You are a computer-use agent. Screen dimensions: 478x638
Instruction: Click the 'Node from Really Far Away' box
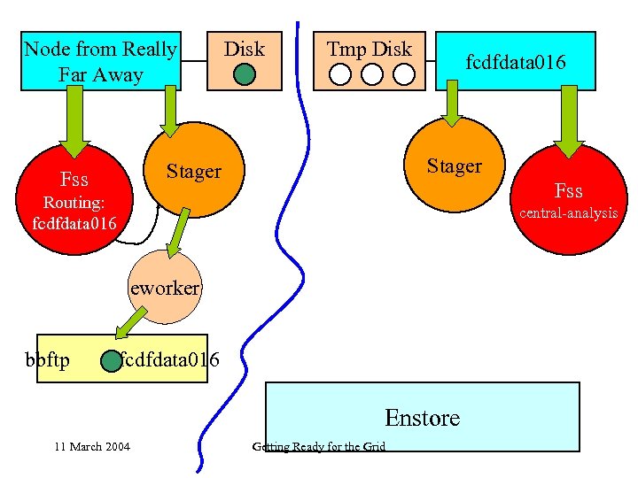tap(100, 61)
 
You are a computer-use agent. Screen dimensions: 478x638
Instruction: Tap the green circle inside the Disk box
tap(244, 75)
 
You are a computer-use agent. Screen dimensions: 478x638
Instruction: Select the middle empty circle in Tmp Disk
tap(371, 74)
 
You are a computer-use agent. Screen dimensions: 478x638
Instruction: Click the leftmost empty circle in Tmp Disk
tap(340, 74)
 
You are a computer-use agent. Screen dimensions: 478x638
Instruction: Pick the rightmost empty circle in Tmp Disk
tap(403, 74)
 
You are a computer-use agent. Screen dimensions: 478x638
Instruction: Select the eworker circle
tap(165, 289)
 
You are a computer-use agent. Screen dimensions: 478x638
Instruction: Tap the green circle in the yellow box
tap(110, 361)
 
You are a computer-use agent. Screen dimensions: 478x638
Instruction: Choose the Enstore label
tap(422, 417)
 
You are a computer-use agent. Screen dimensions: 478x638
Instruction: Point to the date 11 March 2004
tap(91, 446)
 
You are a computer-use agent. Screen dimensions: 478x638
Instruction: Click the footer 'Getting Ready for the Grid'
tap(318, 446)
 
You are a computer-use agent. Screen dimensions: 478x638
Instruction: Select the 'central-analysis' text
tap(568, 212)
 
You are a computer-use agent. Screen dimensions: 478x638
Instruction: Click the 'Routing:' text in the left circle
tap(74, 203)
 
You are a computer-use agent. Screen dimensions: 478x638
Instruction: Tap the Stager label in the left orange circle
tap(193, 171)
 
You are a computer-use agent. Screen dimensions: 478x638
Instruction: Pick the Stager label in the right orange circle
tap(454, 166)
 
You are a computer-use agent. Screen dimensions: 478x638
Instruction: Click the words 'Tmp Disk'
tap(369, 49)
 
